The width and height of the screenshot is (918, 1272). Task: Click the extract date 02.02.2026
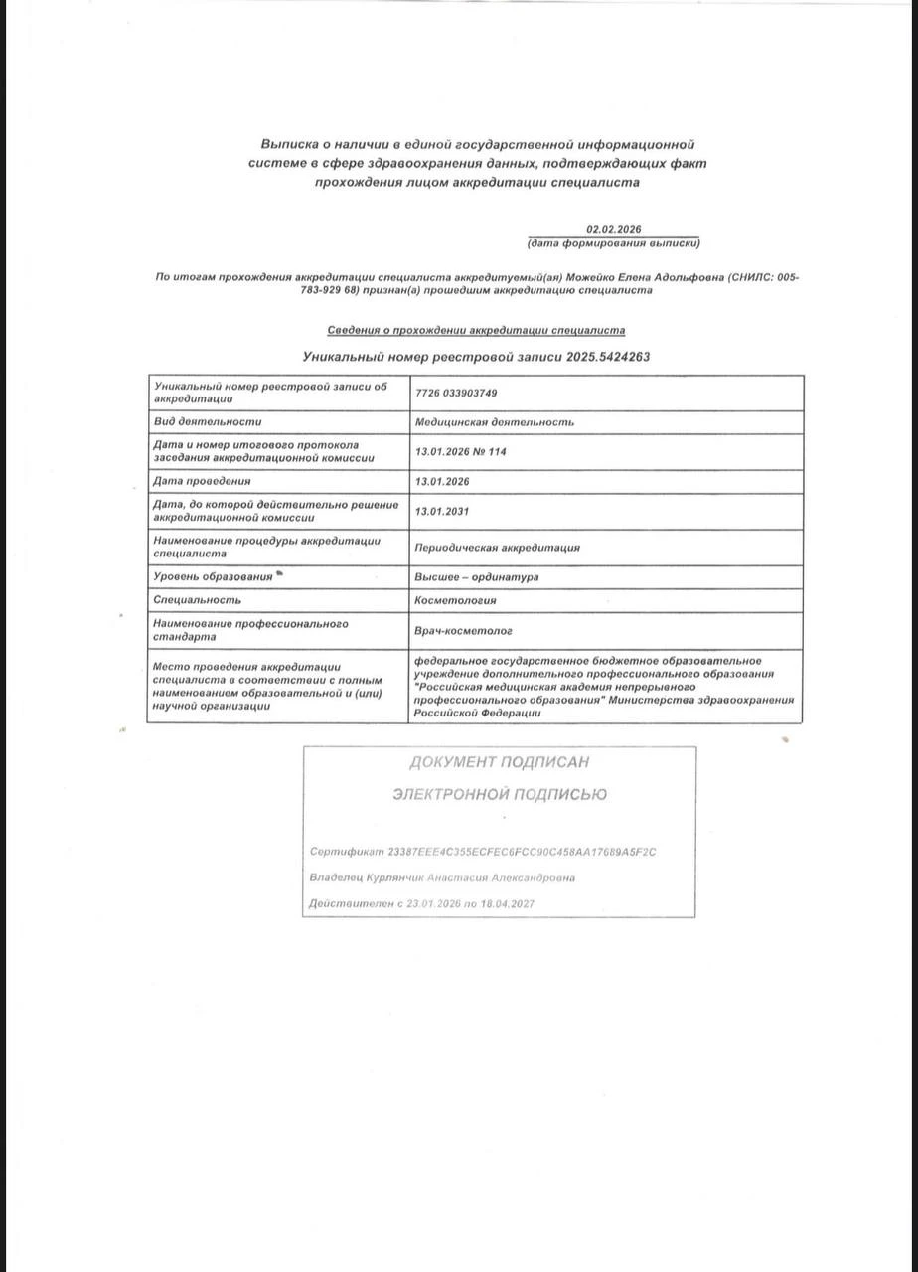tap(613, 229)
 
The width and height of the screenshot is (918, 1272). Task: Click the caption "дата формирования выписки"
tap(613, 243)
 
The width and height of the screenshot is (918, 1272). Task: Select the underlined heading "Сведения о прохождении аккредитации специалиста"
tap(476, 330)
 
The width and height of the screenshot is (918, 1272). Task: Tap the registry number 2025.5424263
tap(608, 356)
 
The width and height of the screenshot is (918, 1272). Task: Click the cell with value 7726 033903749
tap(456, 394)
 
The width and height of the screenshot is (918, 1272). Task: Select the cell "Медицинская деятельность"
tap(494, 422)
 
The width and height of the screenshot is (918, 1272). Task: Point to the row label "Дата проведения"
tap(202, 482)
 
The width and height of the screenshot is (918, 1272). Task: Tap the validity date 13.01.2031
tap(442, 512)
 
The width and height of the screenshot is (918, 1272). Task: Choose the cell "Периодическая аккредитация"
tap(497, 548)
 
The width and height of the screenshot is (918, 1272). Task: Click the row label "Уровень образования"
tap(213, 577)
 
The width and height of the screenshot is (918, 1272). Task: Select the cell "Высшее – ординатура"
tap(477, 577)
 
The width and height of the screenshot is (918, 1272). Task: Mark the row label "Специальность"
tap(197, 600)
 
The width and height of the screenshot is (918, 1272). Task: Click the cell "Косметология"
tap(455, 600)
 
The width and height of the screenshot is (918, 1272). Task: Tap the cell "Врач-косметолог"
tap(463, 630)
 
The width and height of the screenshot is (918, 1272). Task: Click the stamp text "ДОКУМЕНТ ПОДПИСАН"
tap(499, 762)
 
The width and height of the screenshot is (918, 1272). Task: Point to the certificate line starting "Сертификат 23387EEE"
tap(483, 853)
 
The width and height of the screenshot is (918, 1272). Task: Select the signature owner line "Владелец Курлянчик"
tap(441, 878)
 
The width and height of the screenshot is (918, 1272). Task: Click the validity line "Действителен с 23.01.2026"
tap(422, 904)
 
